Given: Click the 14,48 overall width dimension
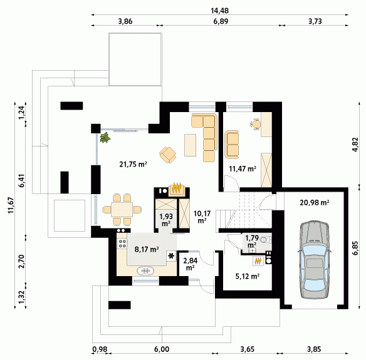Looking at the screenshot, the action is coord(219,11).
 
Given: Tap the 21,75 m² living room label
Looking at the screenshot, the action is coord(133,165).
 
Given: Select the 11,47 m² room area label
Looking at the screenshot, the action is coord(243,168).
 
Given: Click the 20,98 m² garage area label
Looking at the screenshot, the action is coord(315,203).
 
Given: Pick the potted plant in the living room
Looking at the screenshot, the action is coord(105,138).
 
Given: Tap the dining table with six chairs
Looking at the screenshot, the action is coord(122,210).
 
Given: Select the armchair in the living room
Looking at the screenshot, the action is coord(168,155).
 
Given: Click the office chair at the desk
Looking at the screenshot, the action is coord(255,123).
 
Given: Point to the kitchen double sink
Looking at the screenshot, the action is coord(146,270).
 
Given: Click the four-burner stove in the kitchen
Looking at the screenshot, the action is coord(122,244).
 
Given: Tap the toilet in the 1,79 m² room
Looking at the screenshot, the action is coord(266,239).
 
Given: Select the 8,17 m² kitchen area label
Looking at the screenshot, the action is coord(147,249).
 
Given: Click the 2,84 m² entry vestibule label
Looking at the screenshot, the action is coord(191,264).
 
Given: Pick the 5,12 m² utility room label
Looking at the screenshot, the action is coord(248,277).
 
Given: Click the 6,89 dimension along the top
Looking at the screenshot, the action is coord(221,21).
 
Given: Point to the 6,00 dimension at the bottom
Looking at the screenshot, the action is coord(162,349).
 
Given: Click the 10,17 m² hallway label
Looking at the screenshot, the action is coord(202,217).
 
